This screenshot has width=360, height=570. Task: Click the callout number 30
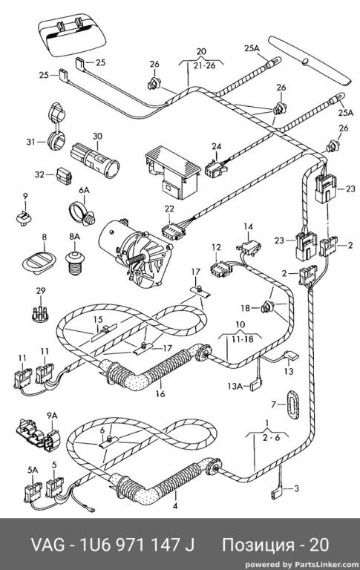97,137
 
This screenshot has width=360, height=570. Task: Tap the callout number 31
30,142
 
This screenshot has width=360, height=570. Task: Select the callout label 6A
84,190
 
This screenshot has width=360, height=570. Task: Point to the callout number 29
41,290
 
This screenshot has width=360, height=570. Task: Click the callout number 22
169,209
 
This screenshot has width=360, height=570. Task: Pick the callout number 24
216,146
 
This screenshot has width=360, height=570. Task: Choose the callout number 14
248,226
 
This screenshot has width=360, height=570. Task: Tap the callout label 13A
235,386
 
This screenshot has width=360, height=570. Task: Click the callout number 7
274,404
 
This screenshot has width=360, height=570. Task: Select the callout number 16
160,393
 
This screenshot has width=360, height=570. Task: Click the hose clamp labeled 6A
82,214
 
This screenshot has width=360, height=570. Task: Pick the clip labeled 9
24,218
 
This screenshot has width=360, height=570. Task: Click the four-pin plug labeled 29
40,311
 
